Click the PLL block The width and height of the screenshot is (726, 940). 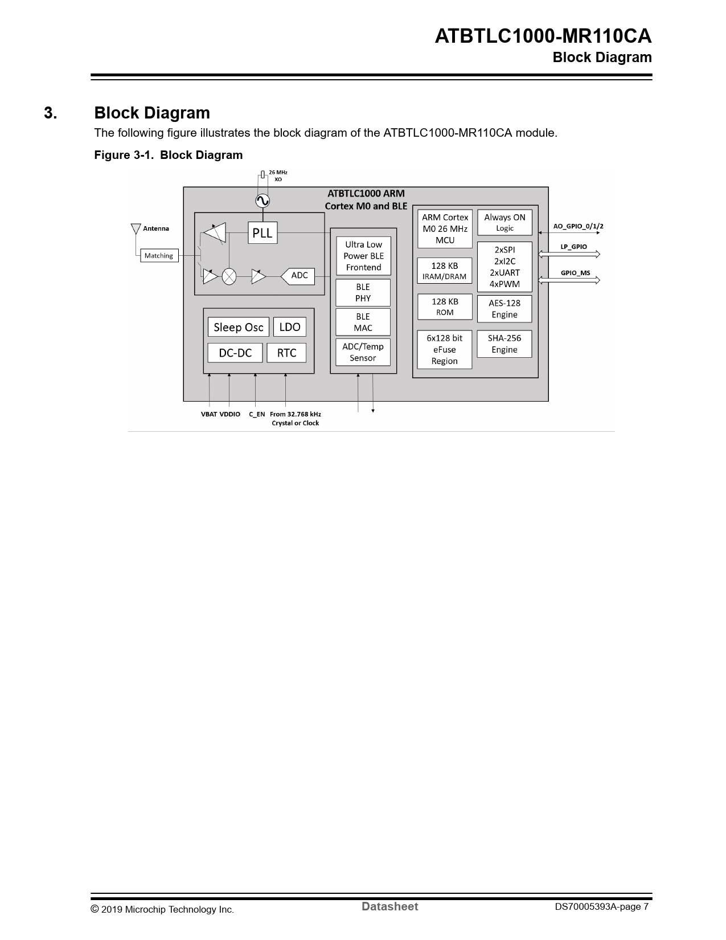(262, 232)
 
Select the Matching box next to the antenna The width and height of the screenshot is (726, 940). (159, 256)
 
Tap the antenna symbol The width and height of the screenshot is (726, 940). (136, 228)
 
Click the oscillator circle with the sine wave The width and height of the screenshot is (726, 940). (262, 201)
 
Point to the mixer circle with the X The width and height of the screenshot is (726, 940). (229, 276)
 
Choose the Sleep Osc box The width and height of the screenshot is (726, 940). (238, 327)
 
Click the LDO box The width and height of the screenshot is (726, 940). (290, 327)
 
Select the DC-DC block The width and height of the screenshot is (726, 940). (235, 353)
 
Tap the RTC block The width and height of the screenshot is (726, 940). (286, 353)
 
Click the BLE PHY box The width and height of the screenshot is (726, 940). (363, 293)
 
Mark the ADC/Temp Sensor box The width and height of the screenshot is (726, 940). (363, 352)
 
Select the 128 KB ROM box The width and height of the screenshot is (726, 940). (445, 306)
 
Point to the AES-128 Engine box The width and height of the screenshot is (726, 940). (504, 309)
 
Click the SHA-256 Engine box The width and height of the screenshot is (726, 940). (504, 344)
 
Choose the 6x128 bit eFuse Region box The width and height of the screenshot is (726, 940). (445, 349)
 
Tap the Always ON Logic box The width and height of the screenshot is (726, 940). (504, 222)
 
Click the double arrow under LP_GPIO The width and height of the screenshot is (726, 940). (569, 254)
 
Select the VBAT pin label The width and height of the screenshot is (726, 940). (209, 414)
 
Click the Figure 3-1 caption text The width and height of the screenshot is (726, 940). (169, 155)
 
